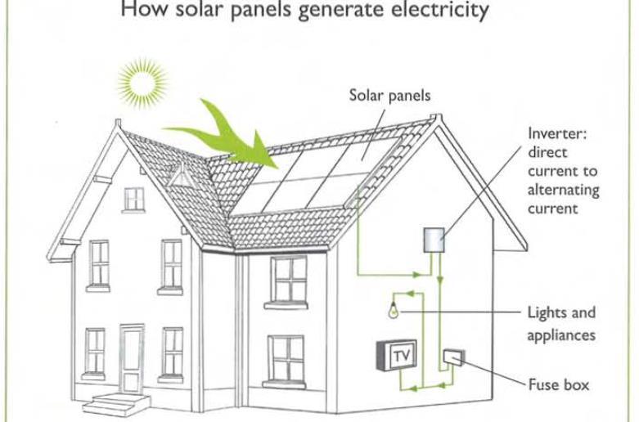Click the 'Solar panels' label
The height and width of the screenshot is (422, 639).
click(x=390, y=96)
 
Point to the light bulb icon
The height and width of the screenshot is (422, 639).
click(x=394, y=311)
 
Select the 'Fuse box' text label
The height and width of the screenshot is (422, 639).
click(x=558, y=384)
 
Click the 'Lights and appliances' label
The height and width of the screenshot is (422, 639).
click(x=561, y=323)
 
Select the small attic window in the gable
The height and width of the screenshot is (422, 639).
click(x=133, y=199)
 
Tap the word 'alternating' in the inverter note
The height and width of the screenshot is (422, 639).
click(x=563, y=190)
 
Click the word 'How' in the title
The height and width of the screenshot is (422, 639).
click(x=139, y=11)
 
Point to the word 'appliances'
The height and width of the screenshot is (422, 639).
click(x=561, y=334)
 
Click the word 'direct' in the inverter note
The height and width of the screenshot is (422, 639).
click(x=547, y=152)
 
